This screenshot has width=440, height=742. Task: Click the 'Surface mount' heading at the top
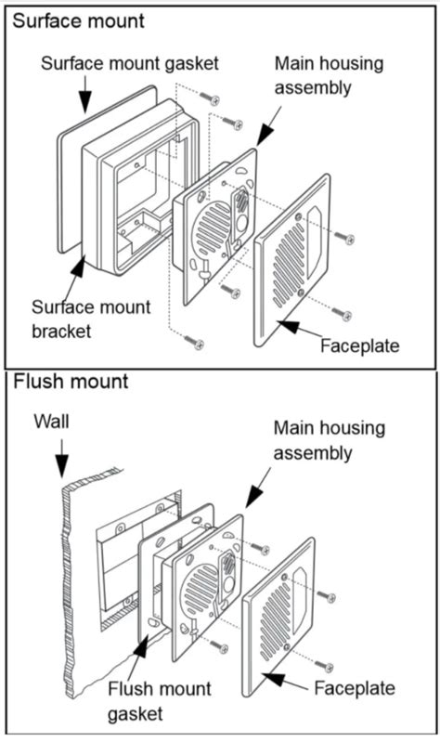[x=79, y=21]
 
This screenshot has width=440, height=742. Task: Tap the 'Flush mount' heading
[x=71, y=382]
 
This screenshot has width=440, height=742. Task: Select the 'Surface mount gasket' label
[x=130, y=63]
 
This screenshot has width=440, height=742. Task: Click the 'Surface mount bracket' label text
[x=91, y=319]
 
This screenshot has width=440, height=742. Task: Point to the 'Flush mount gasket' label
[x=160, y=701]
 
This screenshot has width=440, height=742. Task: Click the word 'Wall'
[x=52, y=422]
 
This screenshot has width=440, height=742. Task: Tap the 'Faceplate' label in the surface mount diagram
[x=359, y=345]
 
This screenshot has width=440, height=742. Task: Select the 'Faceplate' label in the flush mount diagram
[x=355, y=688]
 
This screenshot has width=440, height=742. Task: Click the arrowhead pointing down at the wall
[x=61, y=465]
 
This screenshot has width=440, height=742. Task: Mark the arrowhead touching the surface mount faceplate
[x=288, y=327]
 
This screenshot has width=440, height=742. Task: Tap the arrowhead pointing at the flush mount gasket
[x=141, y=645]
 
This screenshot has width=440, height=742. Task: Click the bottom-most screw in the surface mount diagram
[x=194, y=341]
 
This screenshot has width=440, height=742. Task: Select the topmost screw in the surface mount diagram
[x=210, y=98]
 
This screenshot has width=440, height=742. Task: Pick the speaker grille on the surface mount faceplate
[x=288, y=266]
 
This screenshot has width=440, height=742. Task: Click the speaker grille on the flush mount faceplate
[x=275, y=620]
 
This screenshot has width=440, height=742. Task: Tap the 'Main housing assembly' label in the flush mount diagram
[x=330, y=440]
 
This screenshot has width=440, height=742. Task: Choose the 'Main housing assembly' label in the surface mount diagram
[x=330, y=75]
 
